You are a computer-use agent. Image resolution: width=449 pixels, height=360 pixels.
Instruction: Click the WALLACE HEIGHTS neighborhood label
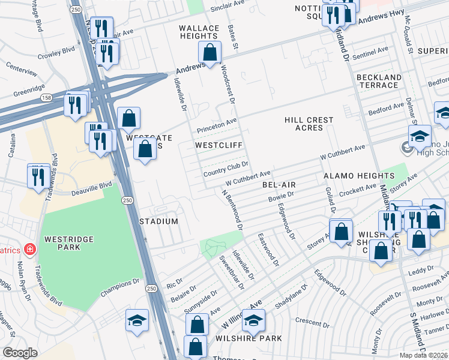tap(200, 32)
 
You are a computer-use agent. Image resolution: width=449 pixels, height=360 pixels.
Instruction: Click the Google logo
tap(20, 353)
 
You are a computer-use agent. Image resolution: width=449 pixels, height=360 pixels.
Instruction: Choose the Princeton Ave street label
tap(214, 127)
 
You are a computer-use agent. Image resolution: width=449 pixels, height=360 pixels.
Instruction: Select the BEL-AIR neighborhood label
tap(277, 185)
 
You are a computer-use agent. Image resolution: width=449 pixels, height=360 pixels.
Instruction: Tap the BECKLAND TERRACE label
tap(379, 81)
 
